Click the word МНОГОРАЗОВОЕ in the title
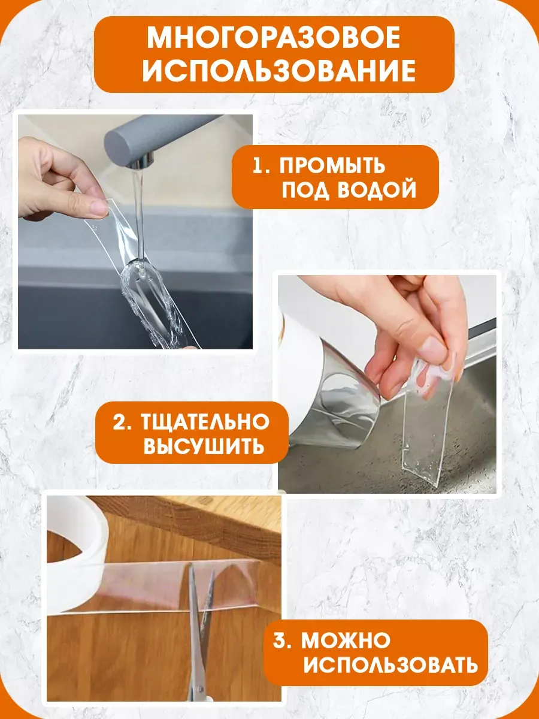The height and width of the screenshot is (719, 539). (x=273, y=38)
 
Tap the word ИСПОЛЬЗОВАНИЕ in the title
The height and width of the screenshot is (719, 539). (x=279, y=71)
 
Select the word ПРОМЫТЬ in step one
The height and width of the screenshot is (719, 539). (x=332, y=165)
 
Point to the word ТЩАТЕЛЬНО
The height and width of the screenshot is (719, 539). (x=205, y=422)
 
